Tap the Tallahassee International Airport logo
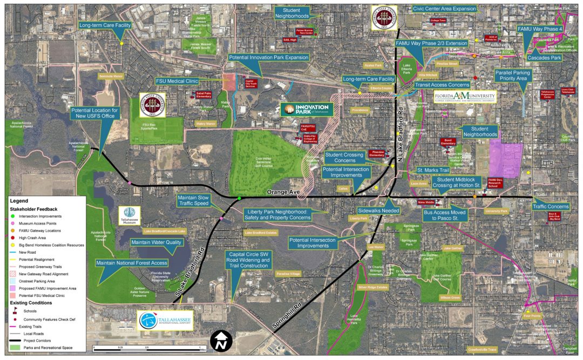pyautogui.click(x=165, y=320)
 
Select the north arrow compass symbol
pyautogui.click(x=222, y=341)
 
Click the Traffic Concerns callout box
pyautogui.click(x=551, y=207)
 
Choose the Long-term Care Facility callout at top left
pyautogui.click(x=105, y=25)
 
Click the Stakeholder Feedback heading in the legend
pyautogui.click(x=33, y=208)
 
